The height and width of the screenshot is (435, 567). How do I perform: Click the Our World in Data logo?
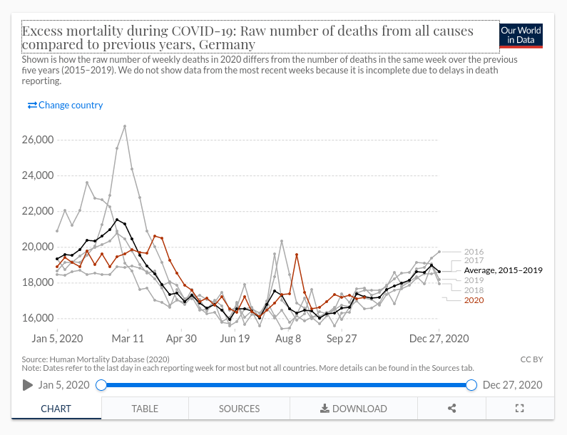click(521, 35)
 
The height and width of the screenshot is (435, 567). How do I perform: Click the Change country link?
click(65, 105)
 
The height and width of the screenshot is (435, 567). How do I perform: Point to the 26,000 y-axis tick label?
click(38, 140)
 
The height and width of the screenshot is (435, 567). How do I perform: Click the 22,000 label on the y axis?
click(38, 211)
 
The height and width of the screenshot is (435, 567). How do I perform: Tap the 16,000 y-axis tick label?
click(38, 318)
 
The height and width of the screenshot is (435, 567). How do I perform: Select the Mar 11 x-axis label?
click(128, 339)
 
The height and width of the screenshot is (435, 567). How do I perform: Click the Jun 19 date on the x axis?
click(235, 339)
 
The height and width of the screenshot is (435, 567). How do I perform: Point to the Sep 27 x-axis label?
click(342, 339)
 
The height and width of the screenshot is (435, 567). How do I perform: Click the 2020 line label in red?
click(474, 300)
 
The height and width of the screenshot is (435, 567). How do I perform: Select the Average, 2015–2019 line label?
click(504, 270)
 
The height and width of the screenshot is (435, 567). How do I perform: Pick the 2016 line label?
click(474, 252)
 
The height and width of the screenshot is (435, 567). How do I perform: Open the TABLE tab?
click(145, 409)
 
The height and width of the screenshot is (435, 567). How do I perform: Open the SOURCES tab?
click(239, 409)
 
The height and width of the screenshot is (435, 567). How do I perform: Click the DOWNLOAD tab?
click(354, 409)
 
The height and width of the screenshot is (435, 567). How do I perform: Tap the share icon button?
click(451, 409)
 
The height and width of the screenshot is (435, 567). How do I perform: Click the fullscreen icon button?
click(519, 409)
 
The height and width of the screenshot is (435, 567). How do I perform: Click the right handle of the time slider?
click(471, 385)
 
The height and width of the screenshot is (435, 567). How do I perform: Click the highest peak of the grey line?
click(125, 126)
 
